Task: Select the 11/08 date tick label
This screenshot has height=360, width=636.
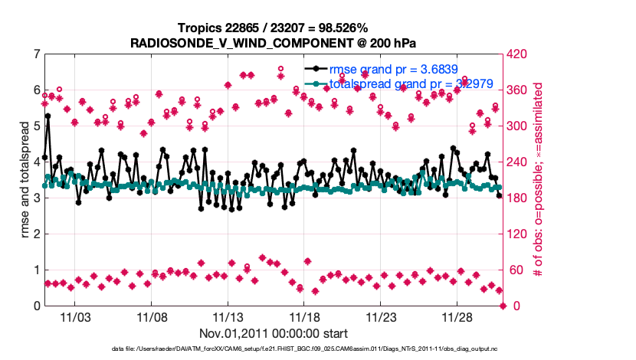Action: point(152,316)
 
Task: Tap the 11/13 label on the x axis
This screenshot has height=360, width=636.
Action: point(228,316)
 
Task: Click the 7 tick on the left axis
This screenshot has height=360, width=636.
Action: point(37,54)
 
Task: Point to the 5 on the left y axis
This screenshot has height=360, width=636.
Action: point(37,126)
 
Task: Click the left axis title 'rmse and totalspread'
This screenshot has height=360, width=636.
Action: point(25,180)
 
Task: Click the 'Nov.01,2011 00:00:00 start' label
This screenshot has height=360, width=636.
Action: point(274,333)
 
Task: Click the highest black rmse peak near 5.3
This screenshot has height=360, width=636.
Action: point(48,116)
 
